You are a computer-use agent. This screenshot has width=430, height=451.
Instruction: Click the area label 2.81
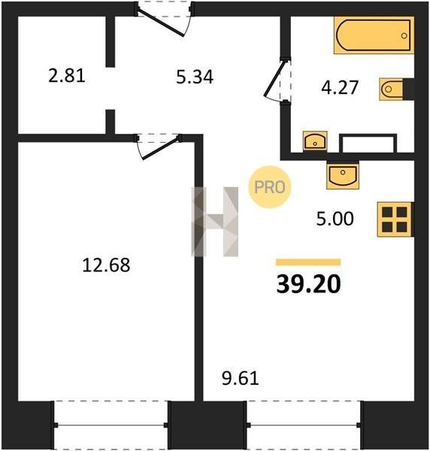pyautogui.click(x=67, y=76)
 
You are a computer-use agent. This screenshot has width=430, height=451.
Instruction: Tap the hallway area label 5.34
pyautogui.click(x=195, y=77)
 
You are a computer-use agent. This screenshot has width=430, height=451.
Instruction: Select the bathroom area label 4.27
pyautogui.click(x=340, y=87)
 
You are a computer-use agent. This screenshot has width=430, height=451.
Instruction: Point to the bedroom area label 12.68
pyautogui.click(x=106, y=265)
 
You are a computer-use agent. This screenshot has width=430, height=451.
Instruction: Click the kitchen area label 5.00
pyautogui.click(x=335, y=219)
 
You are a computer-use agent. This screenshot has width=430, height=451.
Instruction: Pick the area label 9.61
pyautogui.click(x=241, y=378)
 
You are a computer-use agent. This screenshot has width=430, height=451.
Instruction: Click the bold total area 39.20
pyautogui.click(x=309, y=284)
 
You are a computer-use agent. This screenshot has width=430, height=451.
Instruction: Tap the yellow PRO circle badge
pyautogui.click(x=270, y=187)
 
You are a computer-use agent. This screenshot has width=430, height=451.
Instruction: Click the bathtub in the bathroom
pyautogui.click(x=374, y=35)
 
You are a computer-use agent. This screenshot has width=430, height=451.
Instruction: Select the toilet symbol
pyautogui.click(x=392, y=89)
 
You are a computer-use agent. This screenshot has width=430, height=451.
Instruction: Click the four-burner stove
pyautogui.click(x=395, y=219)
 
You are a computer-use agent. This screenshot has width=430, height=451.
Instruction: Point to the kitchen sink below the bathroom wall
pyautogui.click(x=343, y=176)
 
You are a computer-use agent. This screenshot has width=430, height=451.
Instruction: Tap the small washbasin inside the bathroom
pyautogui.click(x=315, y=141)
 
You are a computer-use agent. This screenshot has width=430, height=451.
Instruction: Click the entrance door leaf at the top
pyautogui.click(x=160, y=23)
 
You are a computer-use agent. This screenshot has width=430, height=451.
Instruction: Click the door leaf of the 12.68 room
pyautogui.click(x=161, y=149)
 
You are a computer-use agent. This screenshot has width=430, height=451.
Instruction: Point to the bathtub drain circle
pyautogui.click(x=404, y=36)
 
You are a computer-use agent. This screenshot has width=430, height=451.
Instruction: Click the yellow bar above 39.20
pyautogui.click(x=308, y=262)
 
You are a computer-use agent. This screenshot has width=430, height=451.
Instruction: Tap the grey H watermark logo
pyautogui.click(x=215, y=222)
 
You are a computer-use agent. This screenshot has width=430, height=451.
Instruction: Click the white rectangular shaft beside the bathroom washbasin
pyautogui.click(x=368, y=144)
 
